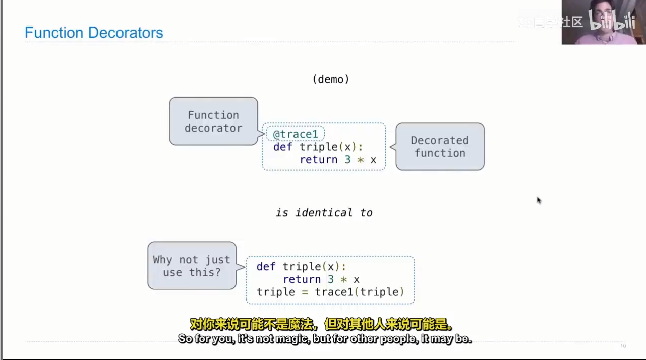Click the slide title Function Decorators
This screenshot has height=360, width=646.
[94, 33]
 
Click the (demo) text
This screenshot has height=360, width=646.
[331, 79]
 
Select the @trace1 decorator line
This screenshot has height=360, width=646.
[296, 134]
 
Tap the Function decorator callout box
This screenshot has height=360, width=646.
[213, 122]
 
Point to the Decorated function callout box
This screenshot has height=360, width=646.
[440, 146]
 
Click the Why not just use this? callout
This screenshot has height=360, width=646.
[192, 266]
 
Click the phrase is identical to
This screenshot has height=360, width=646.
[324, 213]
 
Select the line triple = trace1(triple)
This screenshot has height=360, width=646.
[330, 292]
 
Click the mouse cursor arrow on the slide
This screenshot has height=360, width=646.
[539, 200]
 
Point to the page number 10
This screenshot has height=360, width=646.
[623, 346]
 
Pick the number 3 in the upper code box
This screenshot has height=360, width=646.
[347, 160]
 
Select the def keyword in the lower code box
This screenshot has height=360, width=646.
[266, 267]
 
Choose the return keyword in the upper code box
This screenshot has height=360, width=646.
[318, 160]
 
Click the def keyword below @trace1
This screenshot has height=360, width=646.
[282, 147]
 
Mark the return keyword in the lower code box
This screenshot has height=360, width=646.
[302, 279]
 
